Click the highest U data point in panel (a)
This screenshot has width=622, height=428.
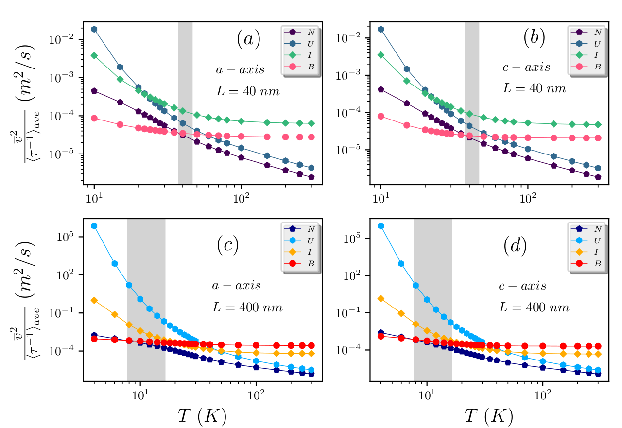point(94,29)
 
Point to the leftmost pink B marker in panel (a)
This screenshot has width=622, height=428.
point(94,118)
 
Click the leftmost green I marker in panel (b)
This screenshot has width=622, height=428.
point(381,55)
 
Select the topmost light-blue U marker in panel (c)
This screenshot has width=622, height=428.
point(94,226)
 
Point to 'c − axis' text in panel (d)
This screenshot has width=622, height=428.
point(522,286)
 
